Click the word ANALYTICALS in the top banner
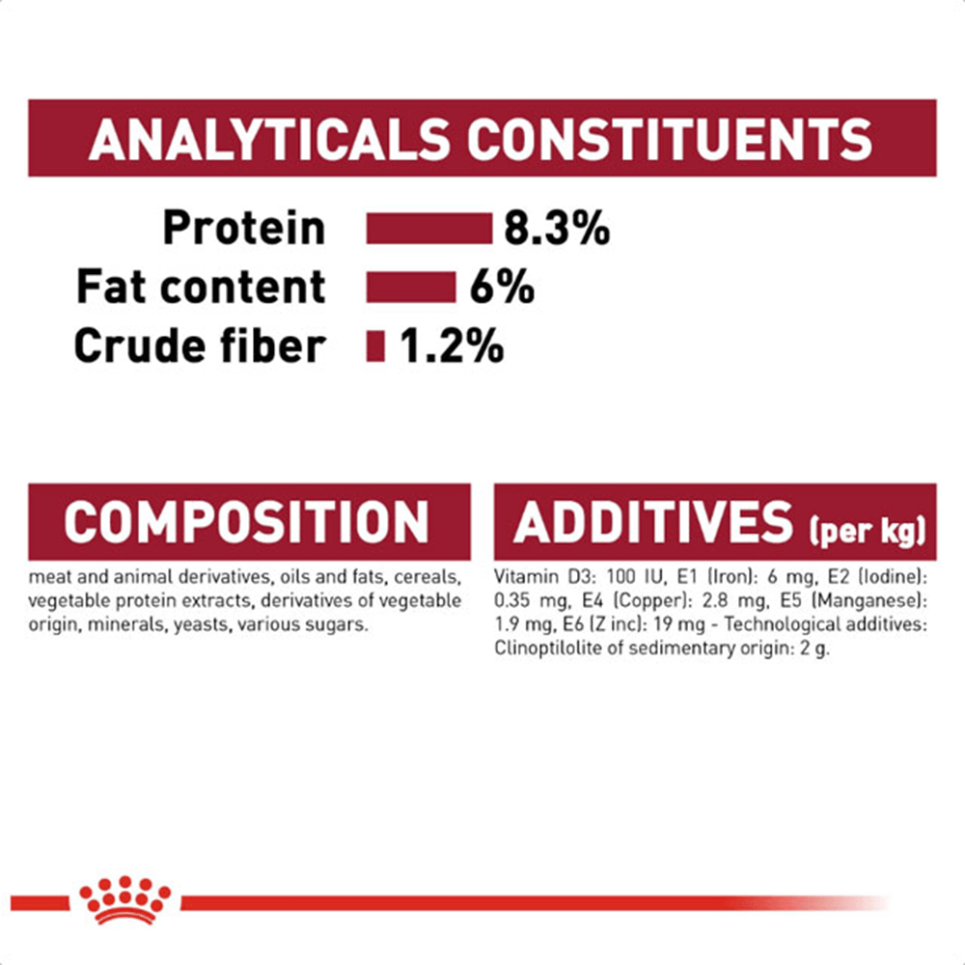tap(269, 139)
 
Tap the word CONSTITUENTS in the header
tap(670, 139)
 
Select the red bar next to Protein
tap(429, 229)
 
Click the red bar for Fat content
tap(410, 287)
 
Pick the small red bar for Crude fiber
tap(374, 345)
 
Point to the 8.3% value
tap(557, 229)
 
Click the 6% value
tap(502, 287)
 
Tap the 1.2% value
tap(452, 345)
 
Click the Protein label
tap(244, 229)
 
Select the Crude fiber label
tap(200, 345)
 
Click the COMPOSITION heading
tap(246, 522)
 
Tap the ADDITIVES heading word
tap(653, 522)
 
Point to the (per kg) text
tap(868, 531)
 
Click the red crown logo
tap(125, 899)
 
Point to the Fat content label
tap(201, 287)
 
